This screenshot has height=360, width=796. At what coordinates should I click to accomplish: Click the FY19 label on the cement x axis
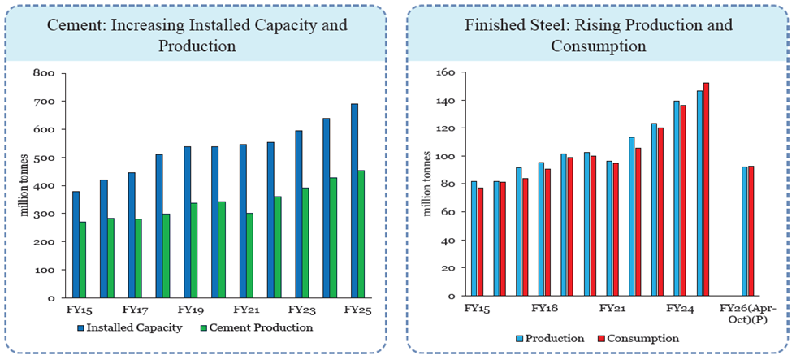coord(189,310)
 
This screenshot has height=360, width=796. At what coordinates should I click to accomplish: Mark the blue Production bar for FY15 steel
coord(474,239)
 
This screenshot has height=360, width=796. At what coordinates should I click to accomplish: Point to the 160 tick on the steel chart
coord(449,72)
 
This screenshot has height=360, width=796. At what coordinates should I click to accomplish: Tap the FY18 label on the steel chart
coord(544,309)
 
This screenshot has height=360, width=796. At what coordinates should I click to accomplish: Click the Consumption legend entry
coord(638,338)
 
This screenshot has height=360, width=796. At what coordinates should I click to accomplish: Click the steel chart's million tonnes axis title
coord(427,184)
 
